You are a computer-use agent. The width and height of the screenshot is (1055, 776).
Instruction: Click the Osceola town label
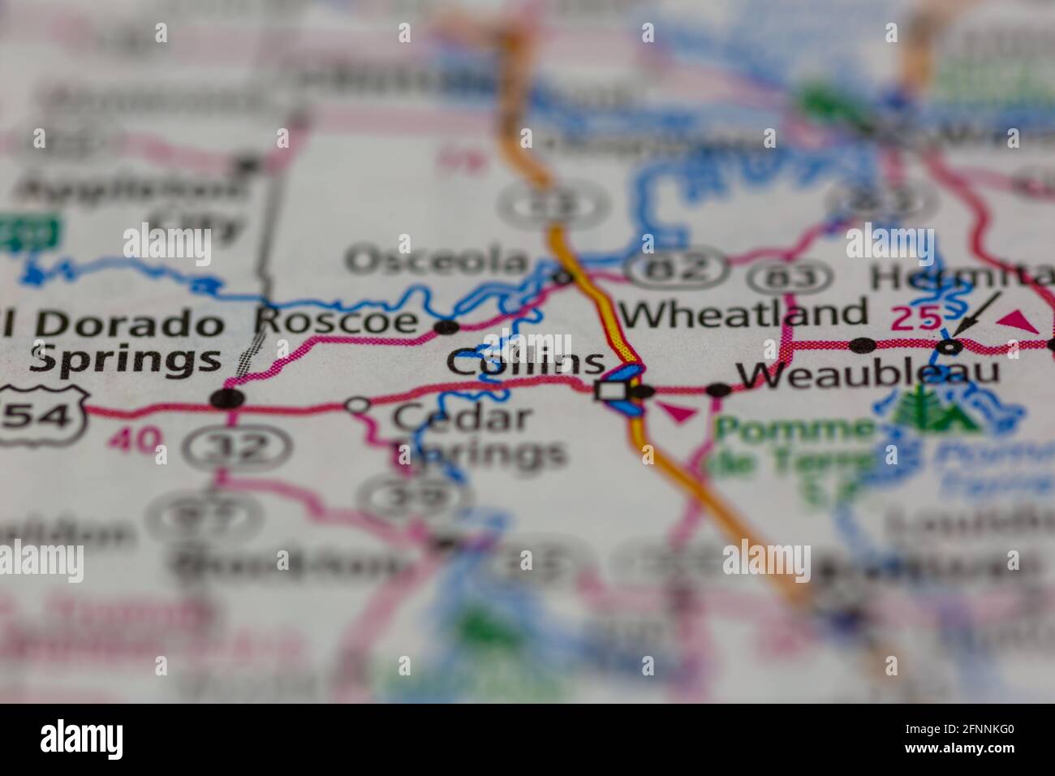(x=437, y=261)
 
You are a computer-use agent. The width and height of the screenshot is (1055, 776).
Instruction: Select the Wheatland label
(x=744, y=313)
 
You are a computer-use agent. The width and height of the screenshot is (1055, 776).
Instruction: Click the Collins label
(x=526, y=363)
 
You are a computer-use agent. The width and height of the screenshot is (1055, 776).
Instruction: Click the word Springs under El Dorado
(x=125, y=358)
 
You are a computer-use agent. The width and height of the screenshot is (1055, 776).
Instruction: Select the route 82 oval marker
(x=678, y=269)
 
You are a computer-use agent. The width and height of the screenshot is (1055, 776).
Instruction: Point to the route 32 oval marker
(x=235, y=444)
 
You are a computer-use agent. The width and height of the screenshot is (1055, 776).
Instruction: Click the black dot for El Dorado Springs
(x=227, y=399)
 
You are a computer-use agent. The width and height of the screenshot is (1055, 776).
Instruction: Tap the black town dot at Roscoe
(x=446, y=327)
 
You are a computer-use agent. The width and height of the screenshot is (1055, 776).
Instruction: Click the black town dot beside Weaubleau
(x=718, y=390)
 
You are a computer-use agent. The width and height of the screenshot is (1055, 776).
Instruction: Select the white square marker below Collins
(x=608, y=391)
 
